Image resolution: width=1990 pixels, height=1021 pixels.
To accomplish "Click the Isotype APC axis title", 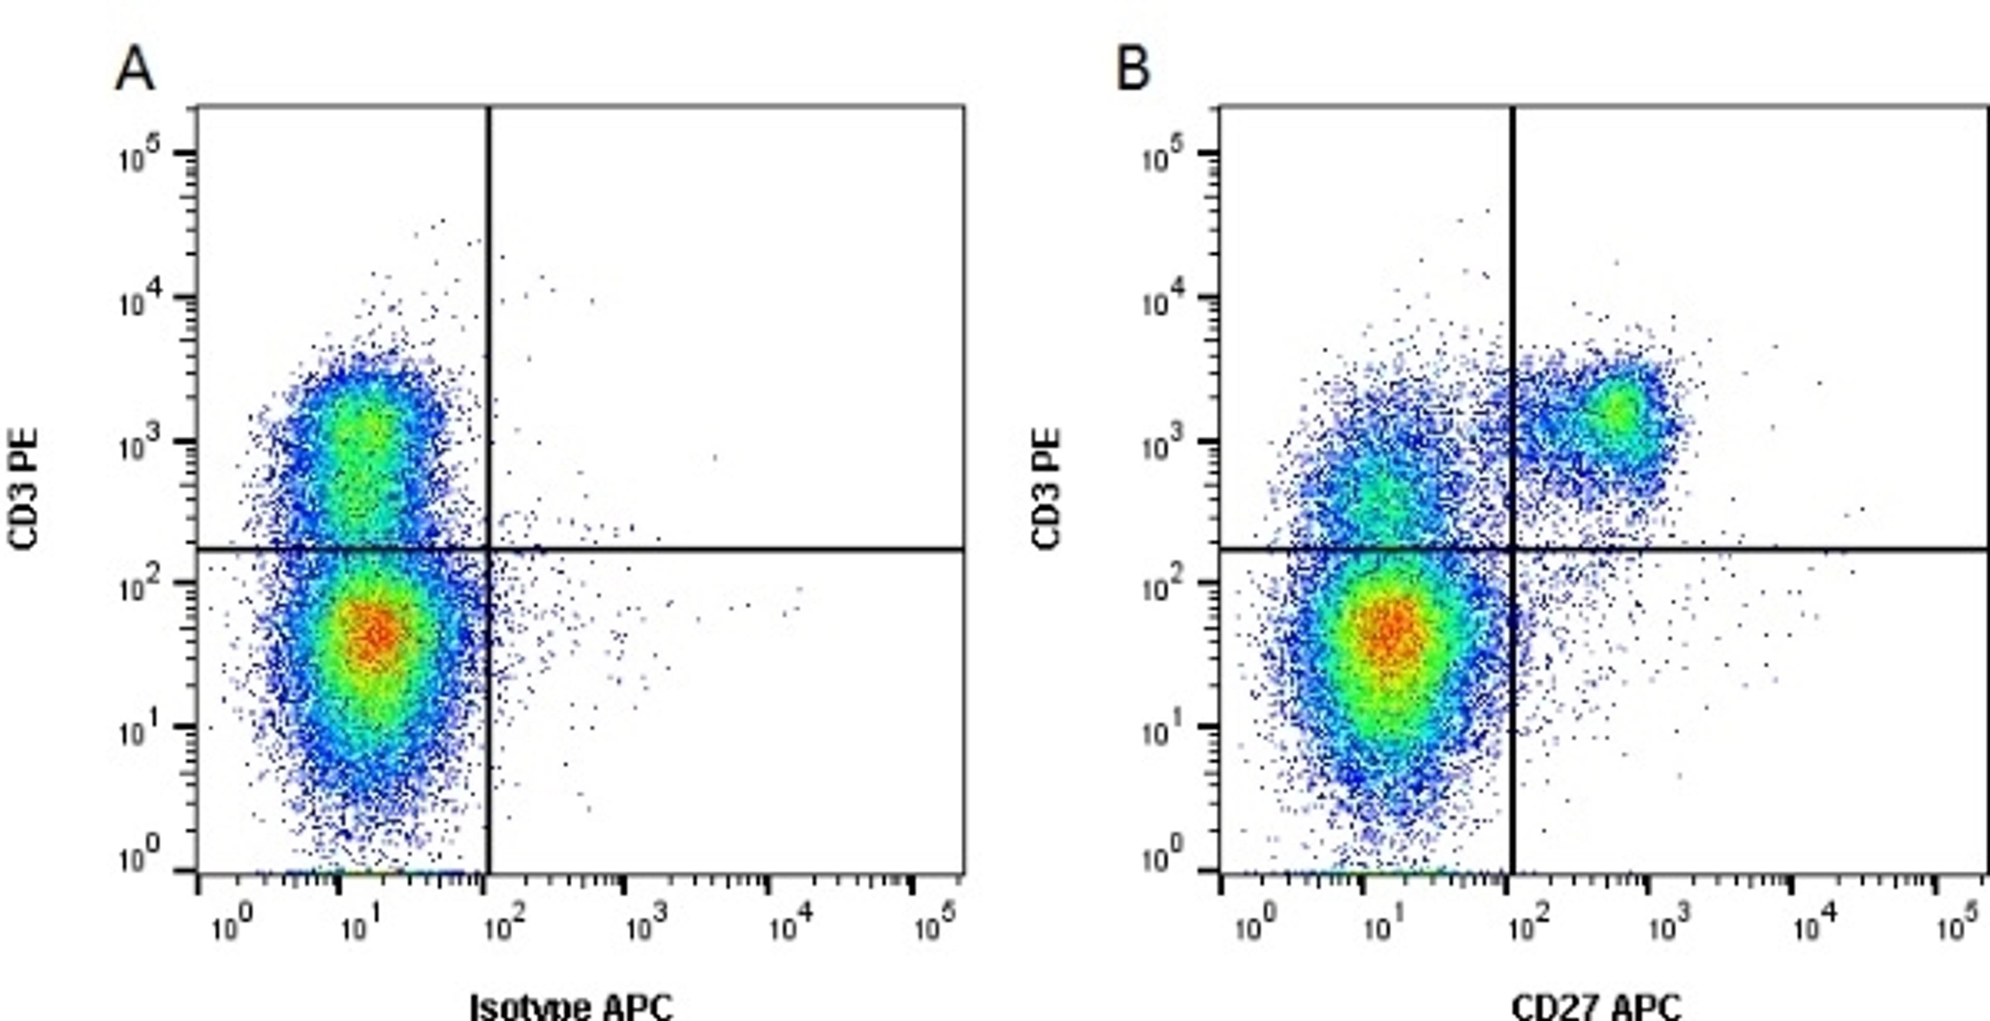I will coord(572,1006).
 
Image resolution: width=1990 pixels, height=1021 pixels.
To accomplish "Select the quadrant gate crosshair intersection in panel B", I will coord(1512,549).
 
